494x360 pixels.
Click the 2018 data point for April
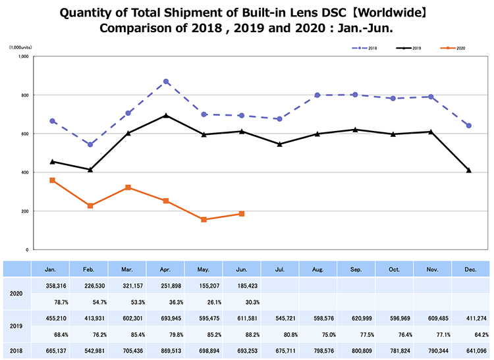pyautogui.click(x=166, y=82)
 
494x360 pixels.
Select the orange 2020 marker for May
pyautogui.click(x=204, y=219)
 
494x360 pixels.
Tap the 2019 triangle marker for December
pyautogui.click(x=469, y=170)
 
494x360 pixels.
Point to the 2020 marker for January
pyautogui.click(x=52, y=180)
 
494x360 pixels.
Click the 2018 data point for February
pyautogui.click(x=90, y=144)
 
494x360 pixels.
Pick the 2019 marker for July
pyautogui.click(x=280, y=144)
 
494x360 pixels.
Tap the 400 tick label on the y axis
pyautogui.click(x=23, y=172)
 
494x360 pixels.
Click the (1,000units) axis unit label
pyautogui.click(x=22, y=47)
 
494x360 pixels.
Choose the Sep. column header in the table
pyautogui.click(x=356, y=269)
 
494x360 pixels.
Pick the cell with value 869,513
pyautogui.click(x=165, y=350)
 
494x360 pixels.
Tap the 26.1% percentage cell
pyautogui.click(x=204, y=301)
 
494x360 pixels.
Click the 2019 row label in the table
pyautogui.click(x=16, y=326)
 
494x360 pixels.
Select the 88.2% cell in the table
pyautogui.click(x=242, y=334)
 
